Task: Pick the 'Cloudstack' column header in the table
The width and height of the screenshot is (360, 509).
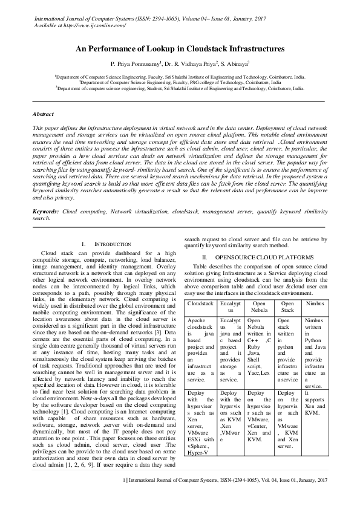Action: tap(200, 302)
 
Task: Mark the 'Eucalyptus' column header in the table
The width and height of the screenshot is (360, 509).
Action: tap(231, 305)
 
